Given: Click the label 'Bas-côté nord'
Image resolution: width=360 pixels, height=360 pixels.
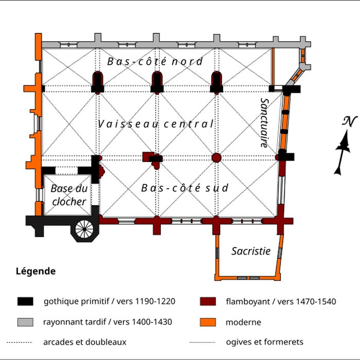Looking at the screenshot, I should pos(155,62).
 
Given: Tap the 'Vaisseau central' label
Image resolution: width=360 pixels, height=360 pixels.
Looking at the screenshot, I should pos(155,124).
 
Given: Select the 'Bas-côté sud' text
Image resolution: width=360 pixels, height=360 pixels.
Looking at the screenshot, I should pos(185,188).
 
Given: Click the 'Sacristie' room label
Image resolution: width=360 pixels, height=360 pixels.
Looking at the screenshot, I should pos(250,251).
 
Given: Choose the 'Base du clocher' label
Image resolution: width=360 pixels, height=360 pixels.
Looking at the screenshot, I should pos(68,195).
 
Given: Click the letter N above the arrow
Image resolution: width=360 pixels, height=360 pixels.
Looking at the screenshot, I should pos(350,121).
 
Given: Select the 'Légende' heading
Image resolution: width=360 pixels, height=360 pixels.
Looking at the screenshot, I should pos(35,271).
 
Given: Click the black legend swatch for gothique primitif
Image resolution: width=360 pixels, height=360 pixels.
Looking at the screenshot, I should pos(25,301).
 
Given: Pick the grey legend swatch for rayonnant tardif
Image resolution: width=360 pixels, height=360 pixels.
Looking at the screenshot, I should pos(25,322).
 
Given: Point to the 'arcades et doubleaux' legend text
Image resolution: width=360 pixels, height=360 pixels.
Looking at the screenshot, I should pos(85,341).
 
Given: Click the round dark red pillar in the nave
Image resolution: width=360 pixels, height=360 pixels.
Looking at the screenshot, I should pos(217,157).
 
